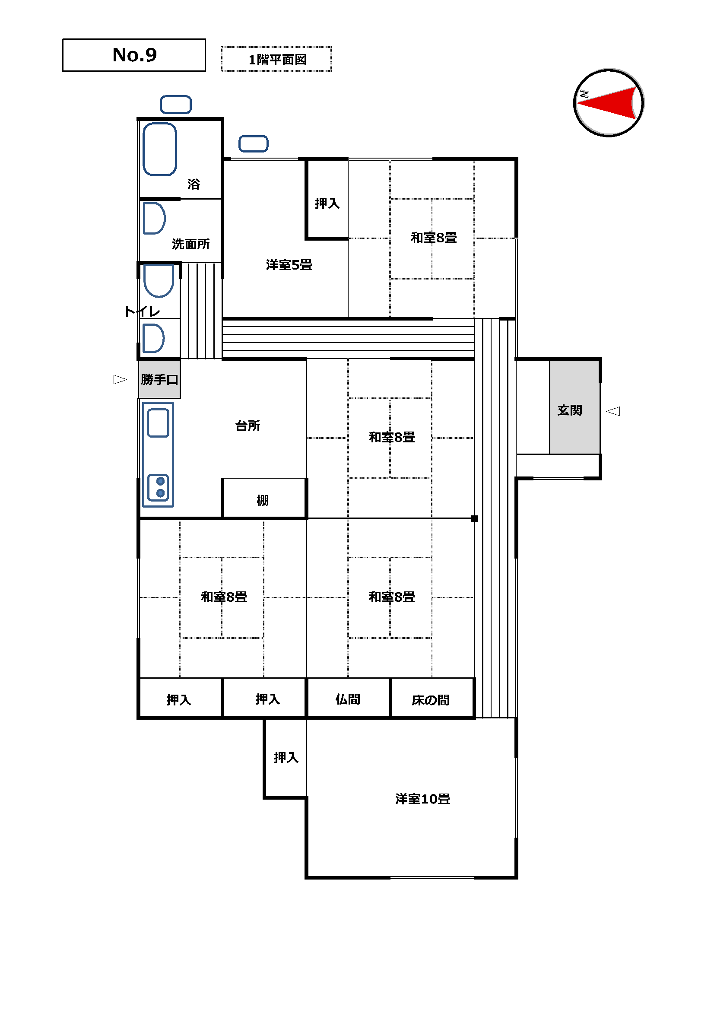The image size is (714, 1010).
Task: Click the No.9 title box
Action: [x=134, y=55]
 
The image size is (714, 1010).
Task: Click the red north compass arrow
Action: [x=607, y=103]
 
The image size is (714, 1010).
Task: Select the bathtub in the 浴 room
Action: [x=160, y=149]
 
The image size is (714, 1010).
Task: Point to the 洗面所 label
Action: [x=190, y=244]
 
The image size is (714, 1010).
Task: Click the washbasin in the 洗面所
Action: [x=154, y=218]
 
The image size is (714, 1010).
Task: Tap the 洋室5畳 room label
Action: [x=289, y=265]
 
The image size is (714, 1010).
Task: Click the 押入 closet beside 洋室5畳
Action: [x=327, y=199]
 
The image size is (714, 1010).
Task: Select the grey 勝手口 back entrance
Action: [x=159, y=379]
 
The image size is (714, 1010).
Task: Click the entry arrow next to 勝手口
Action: [x=120, y=379]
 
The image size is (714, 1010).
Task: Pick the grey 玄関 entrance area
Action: [x=575, y=407]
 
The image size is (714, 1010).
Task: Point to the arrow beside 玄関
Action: [x=613, y=411]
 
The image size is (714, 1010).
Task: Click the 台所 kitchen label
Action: [x=248, y=426]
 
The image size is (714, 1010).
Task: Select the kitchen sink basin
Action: [x=158, y=423]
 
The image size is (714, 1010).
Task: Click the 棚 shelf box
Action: [x=264, y=498]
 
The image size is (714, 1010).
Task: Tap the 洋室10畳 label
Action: [x=422, y=799]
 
